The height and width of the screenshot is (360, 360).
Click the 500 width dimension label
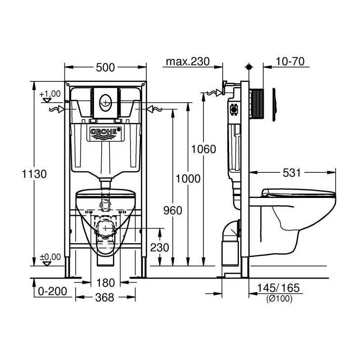[105, 67]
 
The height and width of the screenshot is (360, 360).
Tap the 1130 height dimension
[34, 174]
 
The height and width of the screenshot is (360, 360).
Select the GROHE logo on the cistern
[106, 131]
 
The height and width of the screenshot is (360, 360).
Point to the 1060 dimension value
[204, 149]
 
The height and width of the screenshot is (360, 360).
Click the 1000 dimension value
[188, 179]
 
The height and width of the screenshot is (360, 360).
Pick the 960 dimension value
[173, 211]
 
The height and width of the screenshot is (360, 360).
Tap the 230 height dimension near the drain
[160, 247]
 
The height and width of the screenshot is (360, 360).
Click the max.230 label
[188, 62]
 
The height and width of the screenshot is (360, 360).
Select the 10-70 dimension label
[290, 62]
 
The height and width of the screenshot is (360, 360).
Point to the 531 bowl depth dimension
[292, 173]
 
